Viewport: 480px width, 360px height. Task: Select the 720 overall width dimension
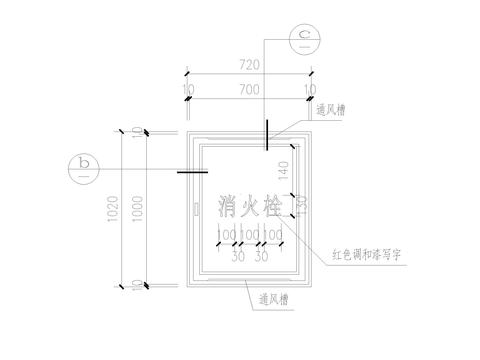pyautogui.click(x=250, y=65)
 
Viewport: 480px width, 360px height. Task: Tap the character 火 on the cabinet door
pyautogui.click(x=250, y=206)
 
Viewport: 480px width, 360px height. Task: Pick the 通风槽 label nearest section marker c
pyautogui.click(x=331, y=113)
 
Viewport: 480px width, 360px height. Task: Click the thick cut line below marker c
pyautogui.click(x=267, y=135)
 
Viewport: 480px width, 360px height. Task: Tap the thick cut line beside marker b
pyautogui.click(x=192, y=171)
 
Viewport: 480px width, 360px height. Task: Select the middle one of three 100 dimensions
pyautogui.click(x=250, y=235)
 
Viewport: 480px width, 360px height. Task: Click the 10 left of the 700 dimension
pyautogui.click(x=188, y=90)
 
